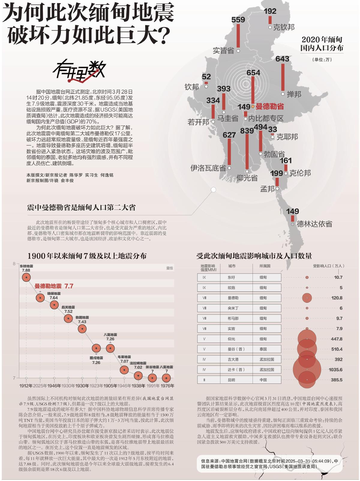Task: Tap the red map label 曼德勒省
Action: pos(270,107)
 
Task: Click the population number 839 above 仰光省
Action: pos(247,130)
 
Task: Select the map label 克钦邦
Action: pos(284,27)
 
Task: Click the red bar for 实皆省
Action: pos(238,36)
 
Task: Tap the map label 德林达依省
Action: pos(314,224)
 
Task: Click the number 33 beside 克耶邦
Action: pos(272,129)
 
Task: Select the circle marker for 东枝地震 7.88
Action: pos(26,278)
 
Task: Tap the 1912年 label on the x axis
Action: pos(26,386)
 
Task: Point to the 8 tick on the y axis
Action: pos(14,264)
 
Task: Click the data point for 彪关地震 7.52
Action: pos(68,319)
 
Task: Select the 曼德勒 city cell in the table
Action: pos(233,298)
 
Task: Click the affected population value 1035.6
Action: pos(335,370)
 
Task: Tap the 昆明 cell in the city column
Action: pos(232,380)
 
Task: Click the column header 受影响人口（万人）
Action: pos(328,266)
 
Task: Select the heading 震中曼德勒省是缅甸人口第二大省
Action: pos(81,207)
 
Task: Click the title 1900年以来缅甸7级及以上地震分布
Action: pos(87,256)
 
